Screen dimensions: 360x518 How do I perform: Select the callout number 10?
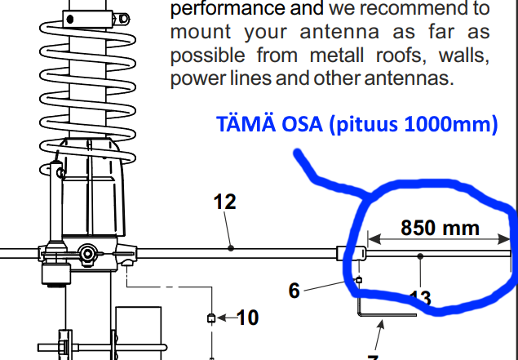(247, 317)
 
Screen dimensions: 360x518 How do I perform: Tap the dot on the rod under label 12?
(231, 247)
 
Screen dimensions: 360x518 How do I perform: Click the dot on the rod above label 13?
(420, 256)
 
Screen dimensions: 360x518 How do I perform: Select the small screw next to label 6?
(359, 280)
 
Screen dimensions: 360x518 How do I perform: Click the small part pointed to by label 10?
(211, 318)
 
